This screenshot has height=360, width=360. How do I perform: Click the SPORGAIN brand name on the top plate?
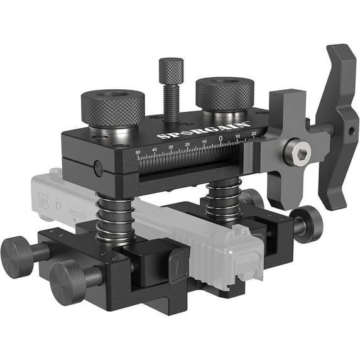pyautogui.click(x=203, y=130)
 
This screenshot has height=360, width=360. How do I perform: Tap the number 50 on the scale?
pyautogui.click(x=138, y=151)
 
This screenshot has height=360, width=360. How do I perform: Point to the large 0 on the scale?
pyautogui.click(x=221, y=138)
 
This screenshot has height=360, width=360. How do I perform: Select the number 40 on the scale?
pyautogui.click(x=155, y=149)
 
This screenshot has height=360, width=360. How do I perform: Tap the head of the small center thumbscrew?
pyautogui.click(x=170, y=67)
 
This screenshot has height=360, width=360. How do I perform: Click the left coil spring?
pyautogui.click(x=115, y=217)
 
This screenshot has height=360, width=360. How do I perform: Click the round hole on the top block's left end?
pyautogui.click(x=97, y=168)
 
